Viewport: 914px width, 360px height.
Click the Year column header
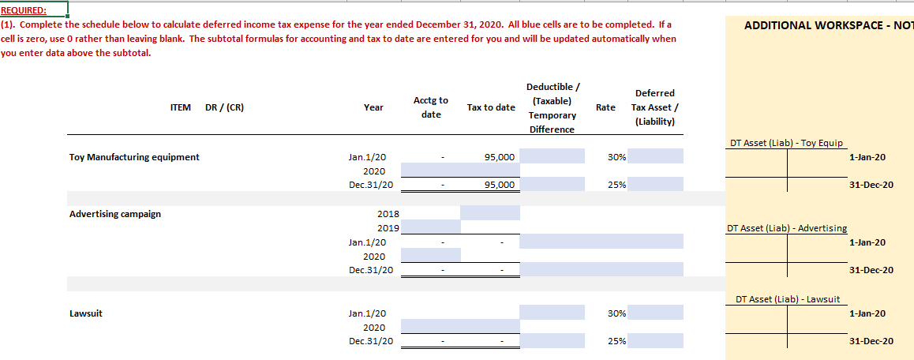(373, 107)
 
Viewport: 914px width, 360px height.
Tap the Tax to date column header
(491, 107)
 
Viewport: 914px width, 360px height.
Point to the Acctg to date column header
(431, 107)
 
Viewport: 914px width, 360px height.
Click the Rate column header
(605, 107)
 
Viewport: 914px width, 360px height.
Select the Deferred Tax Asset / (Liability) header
(654, 107)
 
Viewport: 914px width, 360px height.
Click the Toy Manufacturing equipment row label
(134, 157)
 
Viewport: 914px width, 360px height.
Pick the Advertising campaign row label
(115, 214)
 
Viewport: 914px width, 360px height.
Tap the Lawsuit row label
(85, 313)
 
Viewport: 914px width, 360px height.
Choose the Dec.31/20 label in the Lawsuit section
(371, 341)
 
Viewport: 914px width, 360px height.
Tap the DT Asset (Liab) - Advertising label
(786, 228)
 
